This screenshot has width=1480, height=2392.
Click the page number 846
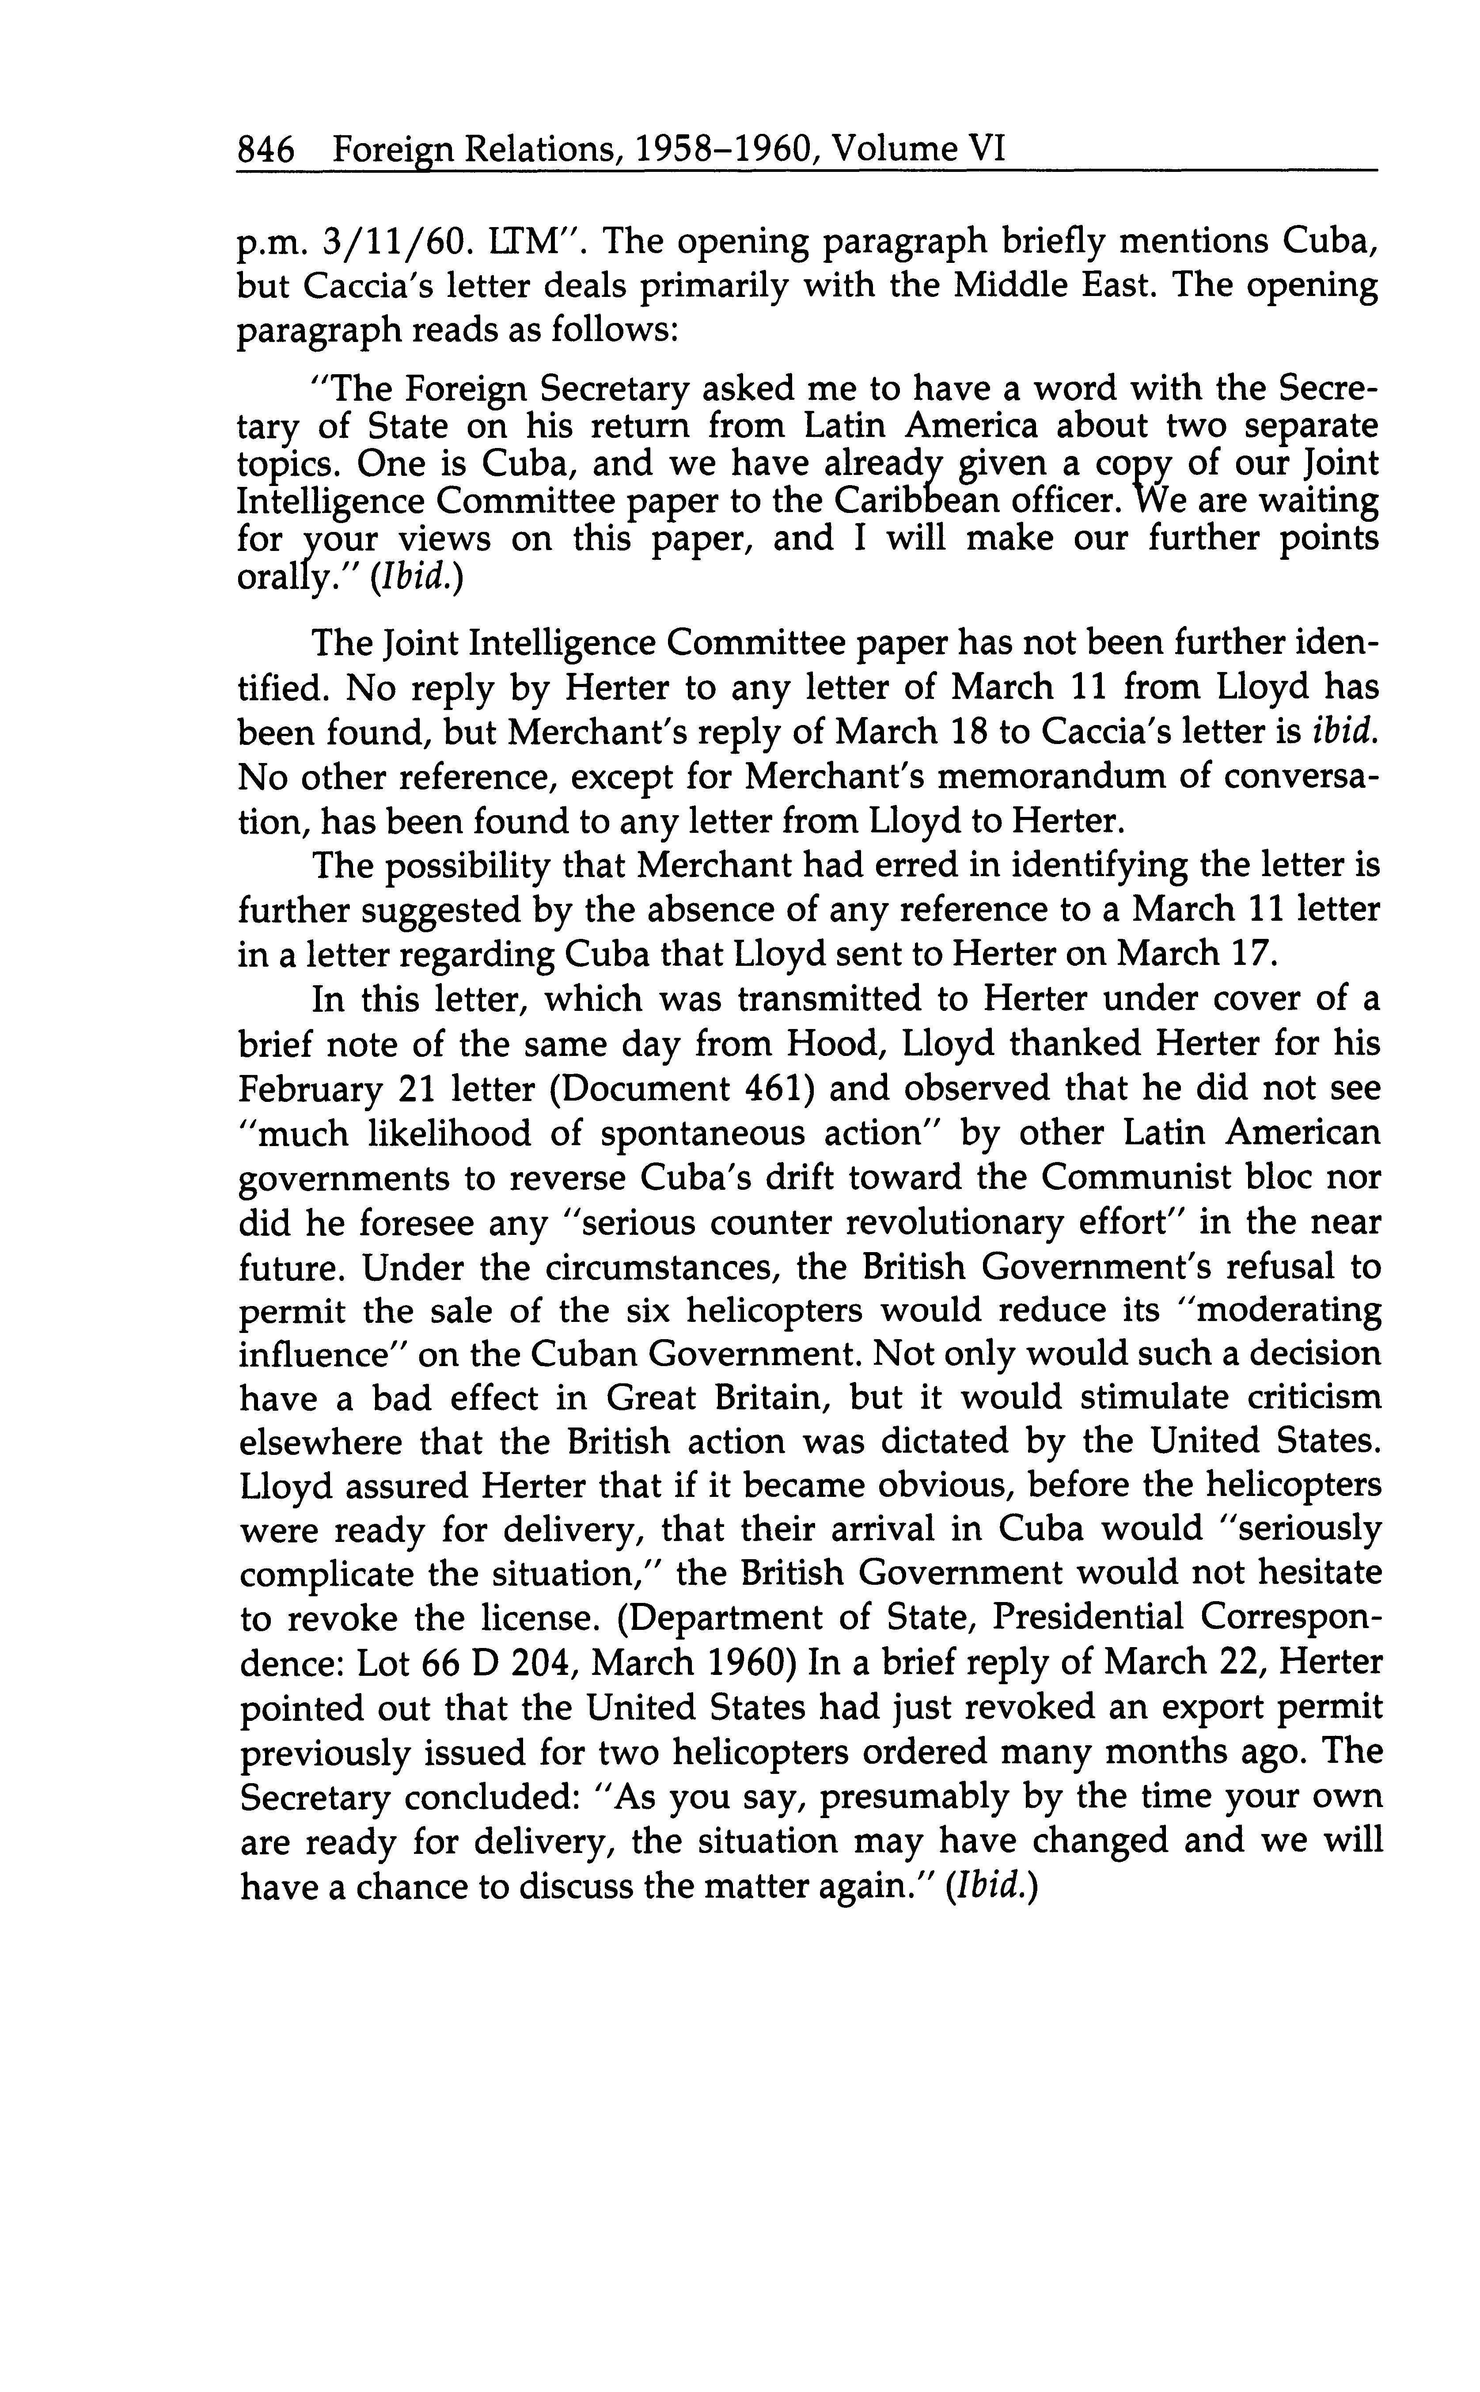tap(266, 150)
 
